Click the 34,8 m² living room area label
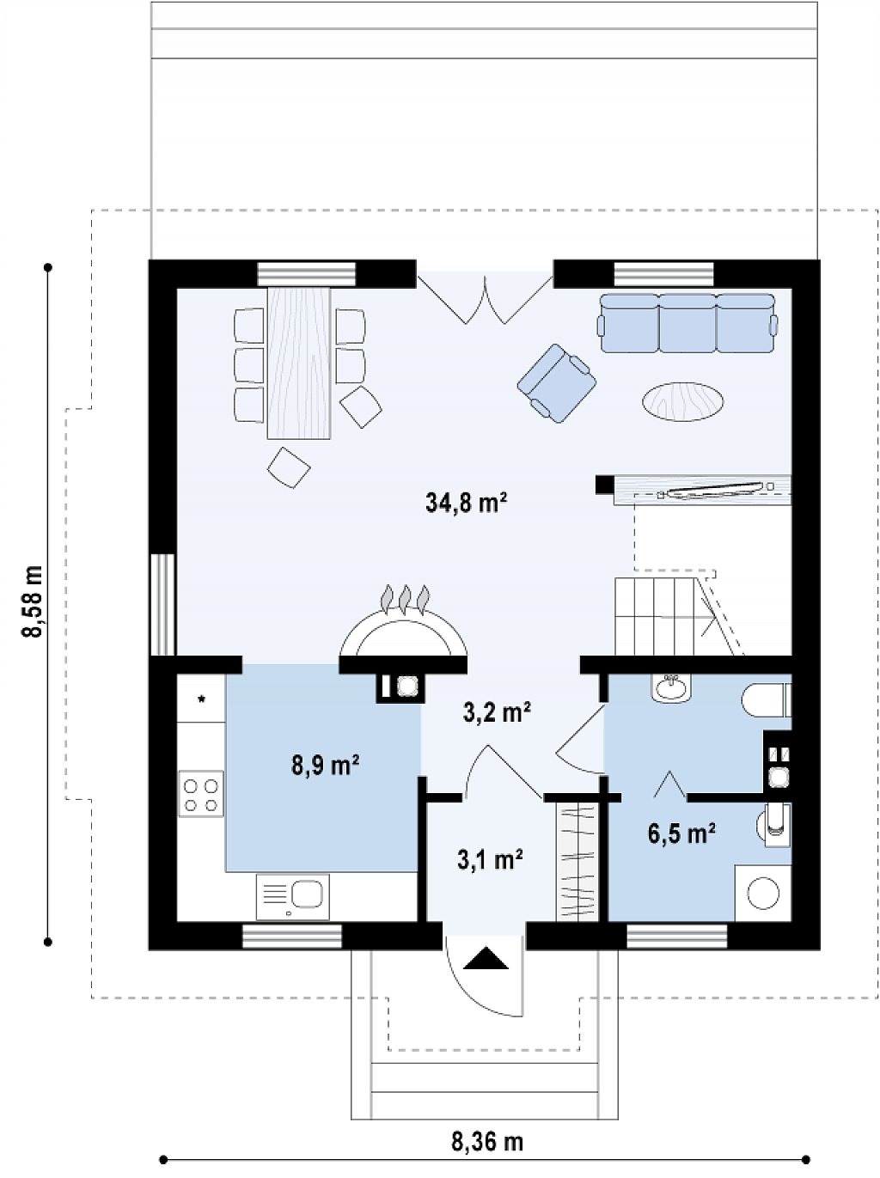467,504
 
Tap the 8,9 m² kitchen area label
325,764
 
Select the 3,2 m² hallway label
497,712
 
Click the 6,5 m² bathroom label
681,835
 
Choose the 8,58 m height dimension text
33,594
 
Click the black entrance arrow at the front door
486,958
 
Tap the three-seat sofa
687,323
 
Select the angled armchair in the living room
556,383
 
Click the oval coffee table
682,401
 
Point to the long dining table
298,363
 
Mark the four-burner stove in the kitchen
201,794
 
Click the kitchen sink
293,897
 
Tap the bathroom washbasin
672,687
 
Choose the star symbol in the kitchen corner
202,699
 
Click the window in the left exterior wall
162,604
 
